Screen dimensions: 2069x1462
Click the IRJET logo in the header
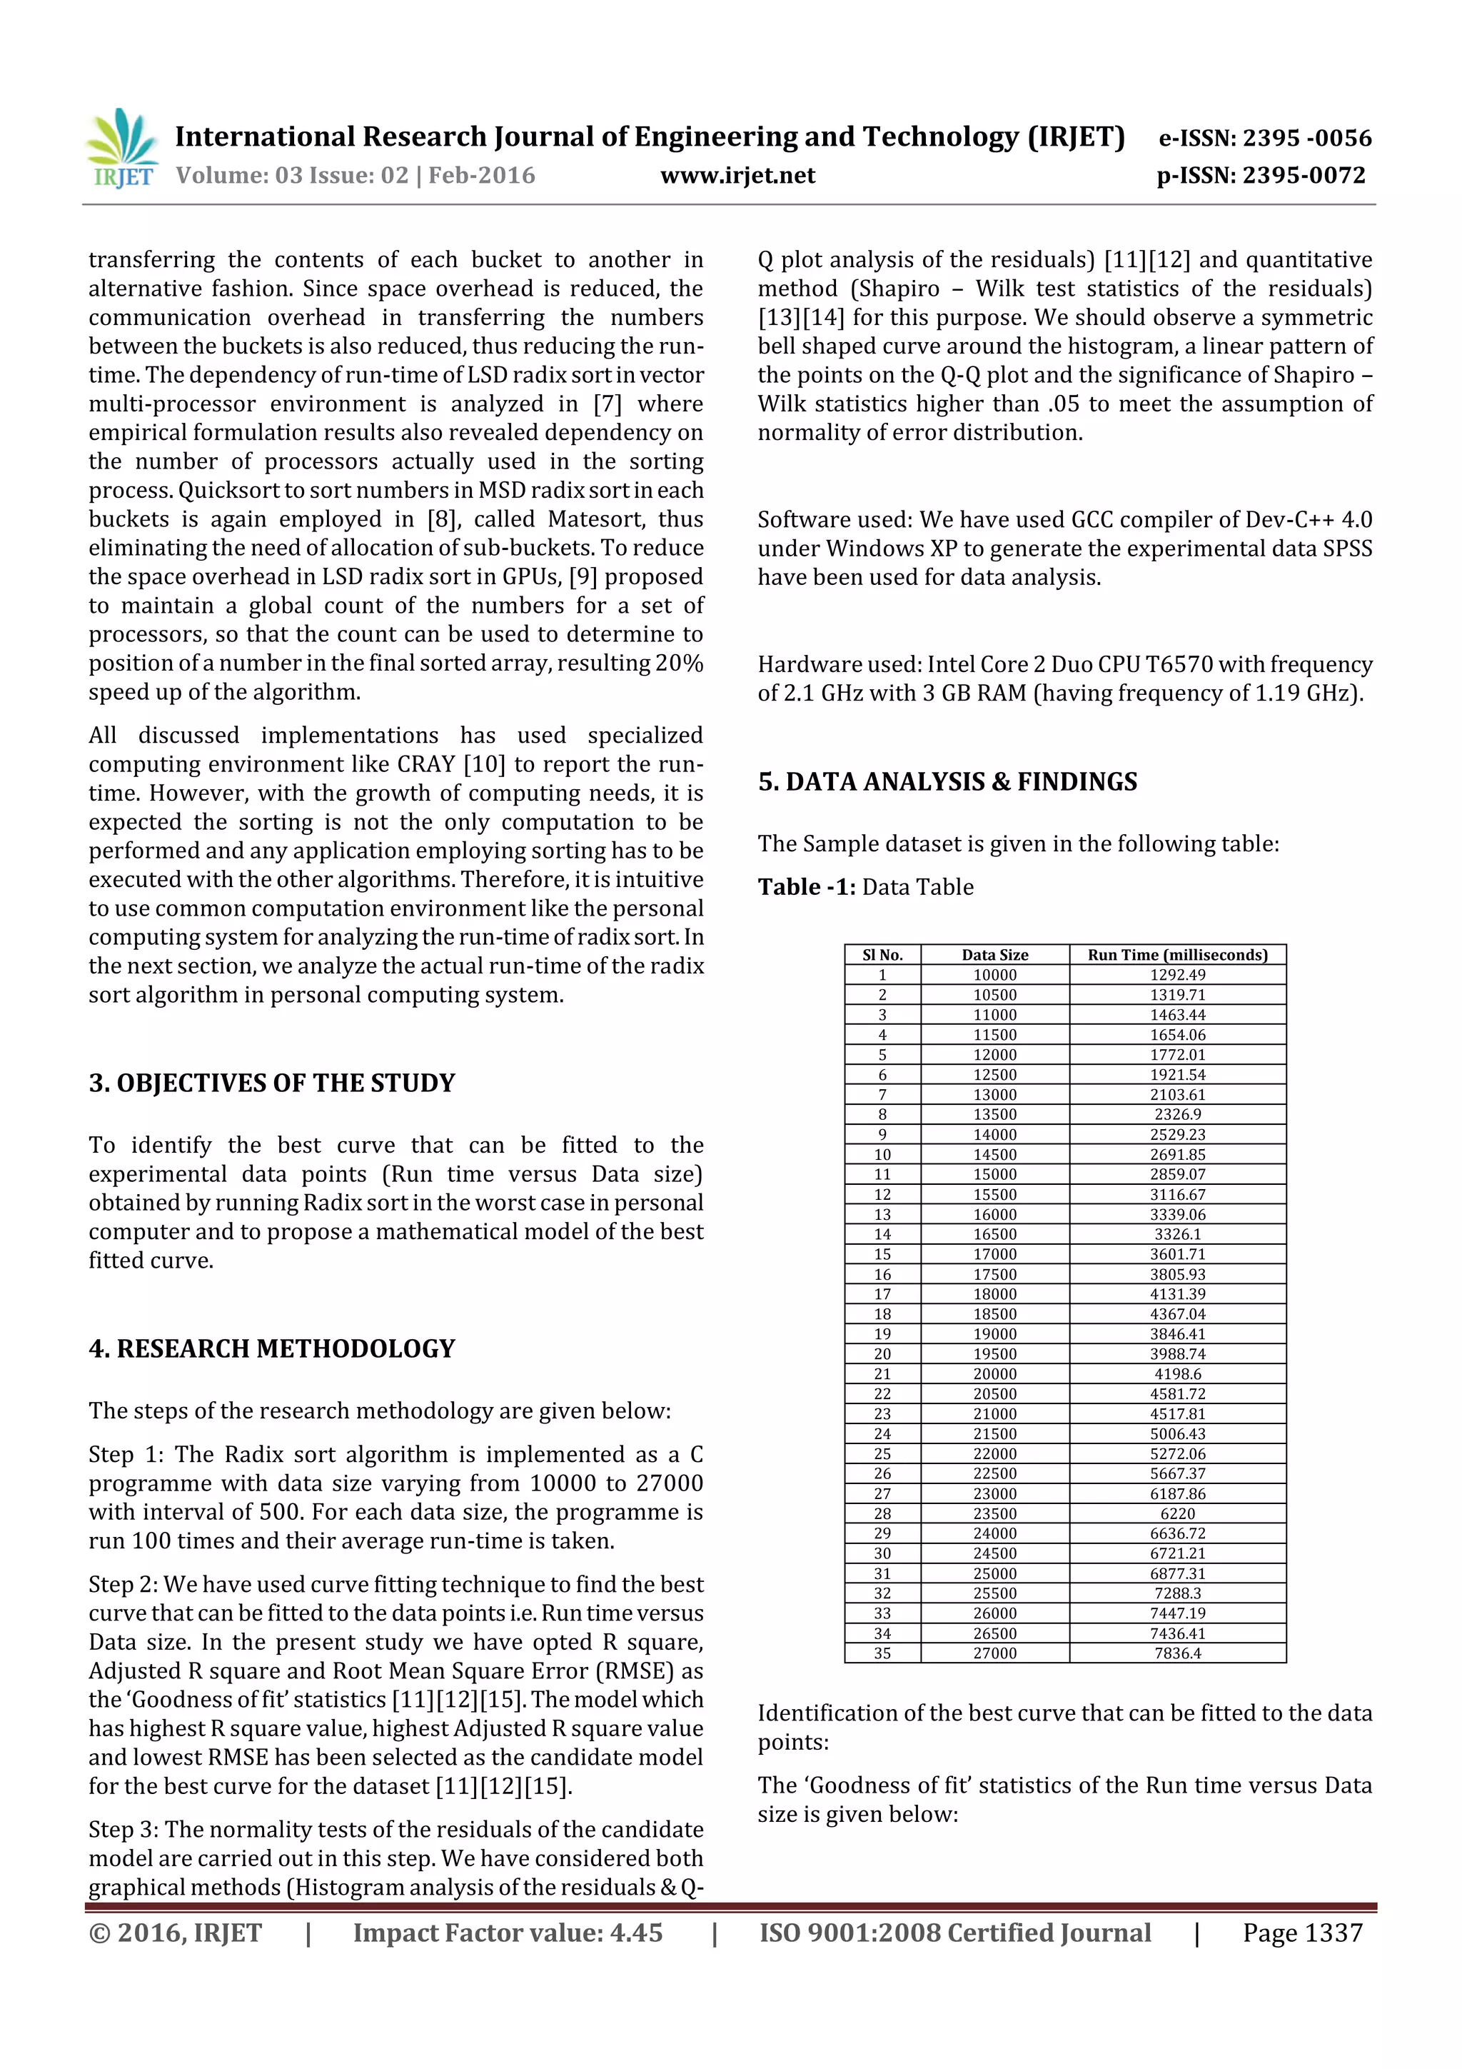(x=121, y=148)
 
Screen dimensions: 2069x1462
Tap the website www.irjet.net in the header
(x=737, y=176)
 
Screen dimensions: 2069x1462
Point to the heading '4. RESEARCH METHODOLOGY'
(x=271, y=1348)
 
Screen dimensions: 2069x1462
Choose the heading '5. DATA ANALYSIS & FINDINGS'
(x=947, y=781)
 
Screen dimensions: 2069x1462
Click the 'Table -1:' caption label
(x=806, y=887)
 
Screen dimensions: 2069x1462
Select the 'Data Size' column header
(x=994, y=954)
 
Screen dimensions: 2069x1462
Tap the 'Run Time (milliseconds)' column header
(x=1176, y=954)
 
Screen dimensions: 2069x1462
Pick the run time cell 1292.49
(x=1177, y=974)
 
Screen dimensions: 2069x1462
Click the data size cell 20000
(x=994, y=1373)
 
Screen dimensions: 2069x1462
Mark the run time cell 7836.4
(x=1177, y=1653)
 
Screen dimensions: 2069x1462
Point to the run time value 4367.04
(x=1177, y=1314)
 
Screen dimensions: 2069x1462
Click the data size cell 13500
(x=994, y=1114)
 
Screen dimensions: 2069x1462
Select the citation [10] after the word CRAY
(x=481, y=764)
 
